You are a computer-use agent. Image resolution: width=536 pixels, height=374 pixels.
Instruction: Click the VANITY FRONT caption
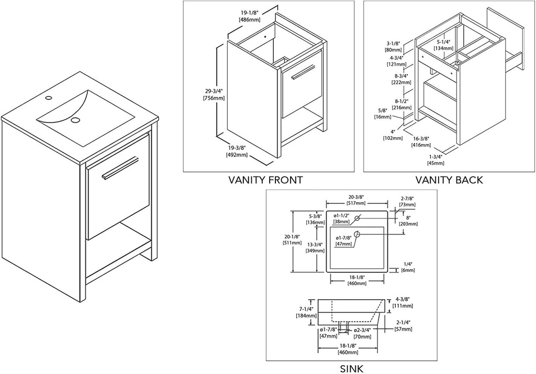tap(265, 180)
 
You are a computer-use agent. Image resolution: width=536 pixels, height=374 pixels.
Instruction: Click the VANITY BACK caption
tap(449, 180)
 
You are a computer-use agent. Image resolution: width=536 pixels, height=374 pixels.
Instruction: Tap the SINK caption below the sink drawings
tap(351, 368)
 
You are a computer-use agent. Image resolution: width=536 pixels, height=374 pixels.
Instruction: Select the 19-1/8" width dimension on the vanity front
tap(250, 15)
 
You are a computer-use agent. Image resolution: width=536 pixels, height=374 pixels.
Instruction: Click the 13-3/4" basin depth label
tap(314, 248)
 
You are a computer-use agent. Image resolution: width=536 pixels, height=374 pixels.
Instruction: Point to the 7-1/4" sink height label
tap(306, 312)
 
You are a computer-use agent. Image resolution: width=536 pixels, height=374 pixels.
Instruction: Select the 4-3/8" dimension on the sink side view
tap(404, 302)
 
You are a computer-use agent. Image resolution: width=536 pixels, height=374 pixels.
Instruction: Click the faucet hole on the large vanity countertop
tap(48, 98)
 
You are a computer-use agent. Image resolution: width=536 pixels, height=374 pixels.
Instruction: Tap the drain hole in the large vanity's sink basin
tap(76, 120)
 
